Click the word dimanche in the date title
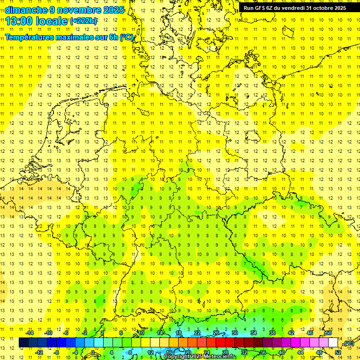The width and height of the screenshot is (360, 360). click(x=26, y=10)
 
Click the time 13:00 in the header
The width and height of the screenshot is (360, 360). click(x=21, y=21)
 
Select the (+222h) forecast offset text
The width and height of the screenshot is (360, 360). click(x=83, y=21)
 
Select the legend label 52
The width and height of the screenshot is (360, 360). click(x=338, y=352)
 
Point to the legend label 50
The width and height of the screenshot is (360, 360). click(x=329, y=333)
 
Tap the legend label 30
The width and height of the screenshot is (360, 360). click(x=234, y=333)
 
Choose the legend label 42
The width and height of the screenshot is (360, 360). click(x=291, y=333)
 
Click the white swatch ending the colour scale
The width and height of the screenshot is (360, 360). click(x=333, y=343)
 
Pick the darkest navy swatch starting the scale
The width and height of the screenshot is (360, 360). click(x=23, y=343)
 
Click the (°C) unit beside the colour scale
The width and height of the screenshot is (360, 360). click(x=348, y=343)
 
